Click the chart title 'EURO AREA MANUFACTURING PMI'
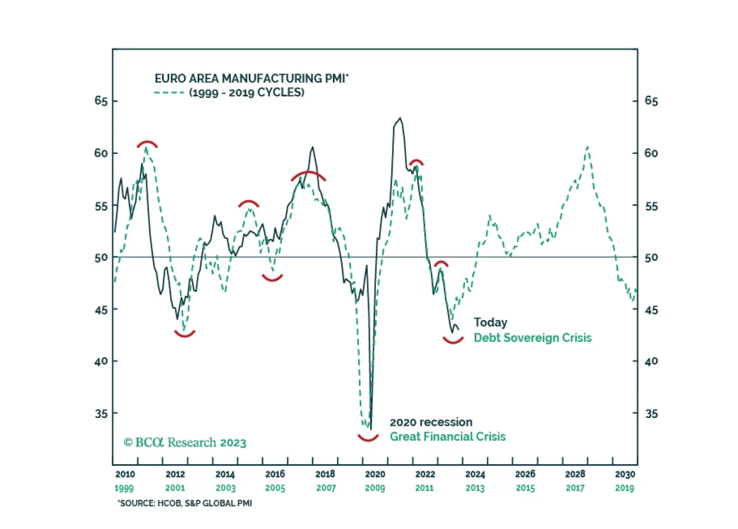pyautogui.click(x=251, y=78)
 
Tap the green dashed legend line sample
pyautogui.click(x=169, y=92)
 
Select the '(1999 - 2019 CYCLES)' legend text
pyautogui.click(x=246, y=92)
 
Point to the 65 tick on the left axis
pyautogui.click(x=101, y=101)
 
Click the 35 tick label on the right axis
pyautogui.click(x=651, y=413)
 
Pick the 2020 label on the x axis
pyautogui.click(x=375, y=474)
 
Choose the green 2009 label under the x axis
pyautogui.click(x=375, y=488)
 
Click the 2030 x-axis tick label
pyautogui.click(x=625, y=474)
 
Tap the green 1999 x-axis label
pyautogui.click(x=124, y=488)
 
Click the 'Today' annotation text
pyautogui.click(x=490, y=322)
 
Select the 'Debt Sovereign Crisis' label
pyautogui.click(x=532, y=338)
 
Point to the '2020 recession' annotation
pyautogui.click(x=431, y=422)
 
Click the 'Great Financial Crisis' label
pyautogui.click(x=448, y=437)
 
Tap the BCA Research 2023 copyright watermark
pyautogui.click(x=185, y=443)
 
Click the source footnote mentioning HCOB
pyautogui.click(x=185, y=503)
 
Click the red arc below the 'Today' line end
pyautogui.click(x=453, y=341)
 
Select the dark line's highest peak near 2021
pyautogui.click(x=400, y=118)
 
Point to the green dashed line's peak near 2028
pyautogui.click(x=587, y=147)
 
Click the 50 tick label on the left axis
pyautogui.click(x=101, y=258)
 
